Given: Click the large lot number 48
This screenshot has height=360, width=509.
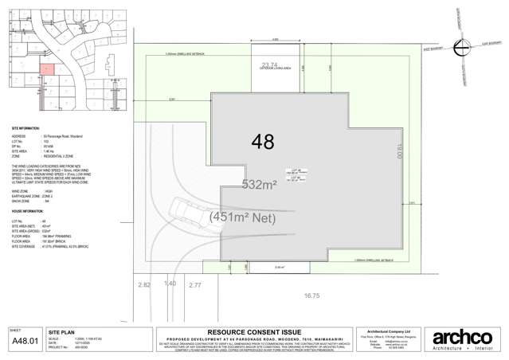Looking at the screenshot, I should (x=262, y=143).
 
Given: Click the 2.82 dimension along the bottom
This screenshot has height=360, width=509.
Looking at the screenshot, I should (x=144, y=284).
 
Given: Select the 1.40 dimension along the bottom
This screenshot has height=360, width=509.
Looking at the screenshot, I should (x=169, y=284).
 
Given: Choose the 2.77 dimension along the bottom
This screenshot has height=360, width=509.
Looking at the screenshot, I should (x=195, y=284).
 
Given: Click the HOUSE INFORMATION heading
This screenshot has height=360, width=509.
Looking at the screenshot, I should (x=28, y=211).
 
